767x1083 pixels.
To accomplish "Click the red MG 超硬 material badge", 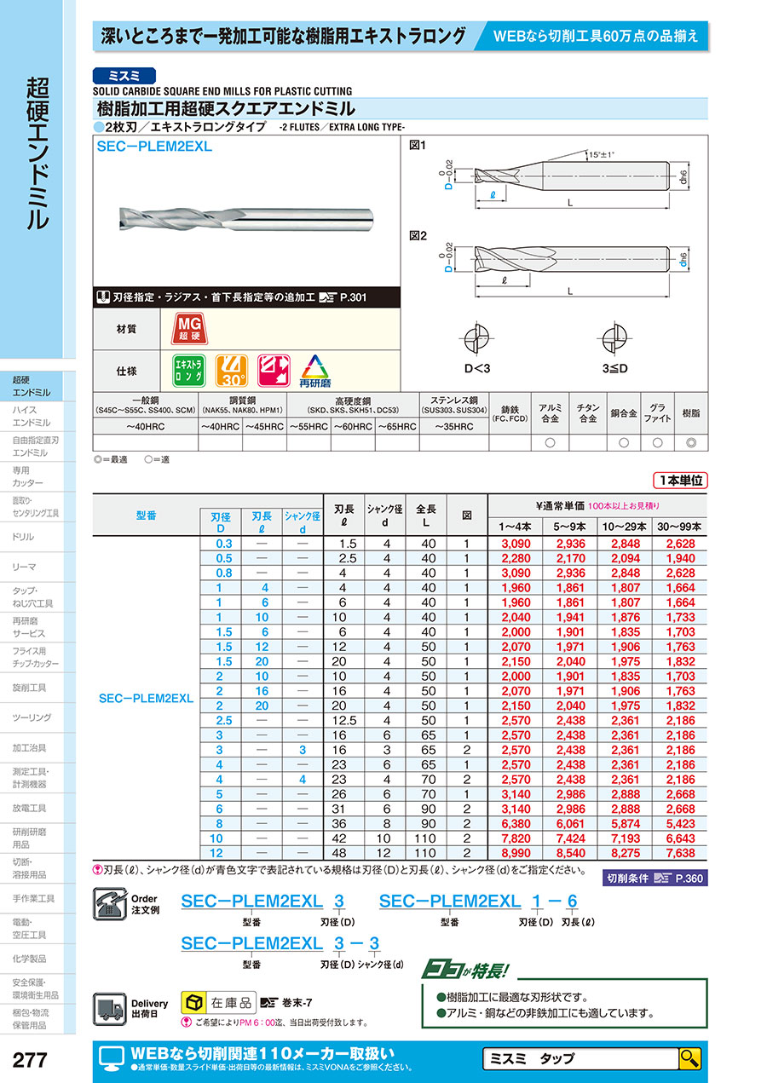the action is pyautogui.click(x=189, y=329).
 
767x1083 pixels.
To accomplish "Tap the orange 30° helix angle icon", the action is pyautogui.click(x=232, y=371).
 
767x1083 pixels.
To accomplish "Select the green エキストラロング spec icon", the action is pyautogui.click(x=189, y=371).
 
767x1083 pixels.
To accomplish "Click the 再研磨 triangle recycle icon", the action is pyautogui.click(x=314, y=371).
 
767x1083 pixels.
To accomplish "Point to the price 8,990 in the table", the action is pyautogui.click(x=516, y=853).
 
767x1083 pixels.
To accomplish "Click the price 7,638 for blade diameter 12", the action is pyautogui.click(x=680, y=853).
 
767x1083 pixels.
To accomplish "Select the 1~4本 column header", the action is pyautogui.click(x=515, y=527).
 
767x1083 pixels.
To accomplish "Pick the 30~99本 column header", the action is pyautogui.click(x=679, y=527).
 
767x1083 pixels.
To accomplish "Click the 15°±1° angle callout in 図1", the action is pyautogui.click(x=601, y=155).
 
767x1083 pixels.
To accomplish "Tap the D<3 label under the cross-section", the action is pyautogui.click(x=477, y=368).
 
